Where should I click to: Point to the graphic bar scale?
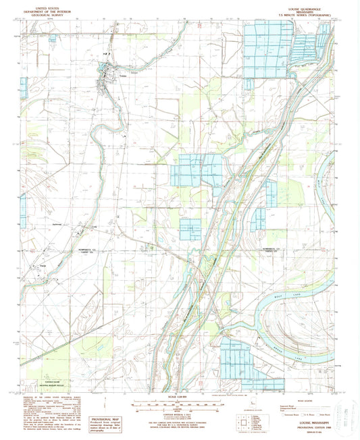point(179,404)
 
